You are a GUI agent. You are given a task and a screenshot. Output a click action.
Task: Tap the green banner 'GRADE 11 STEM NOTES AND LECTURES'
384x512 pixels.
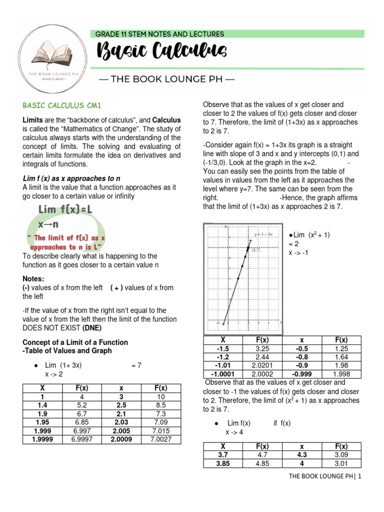[x=159, y=34]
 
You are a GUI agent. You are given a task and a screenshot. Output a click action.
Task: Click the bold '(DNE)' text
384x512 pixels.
[x=92, y=327]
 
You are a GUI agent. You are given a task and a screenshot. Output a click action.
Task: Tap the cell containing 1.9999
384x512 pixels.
[x=42, y=439]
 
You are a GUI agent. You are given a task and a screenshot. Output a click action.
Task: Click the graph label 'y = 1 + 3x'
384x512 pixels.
[x=263, y=234]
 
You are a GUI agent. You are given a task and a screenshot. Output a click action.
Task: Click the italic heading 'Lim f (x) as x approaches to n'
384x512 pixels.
[x=72, y=178]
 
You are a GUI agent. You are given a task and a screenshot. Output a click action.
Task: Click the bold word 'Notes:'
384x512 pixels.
[x=33, y=278]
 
